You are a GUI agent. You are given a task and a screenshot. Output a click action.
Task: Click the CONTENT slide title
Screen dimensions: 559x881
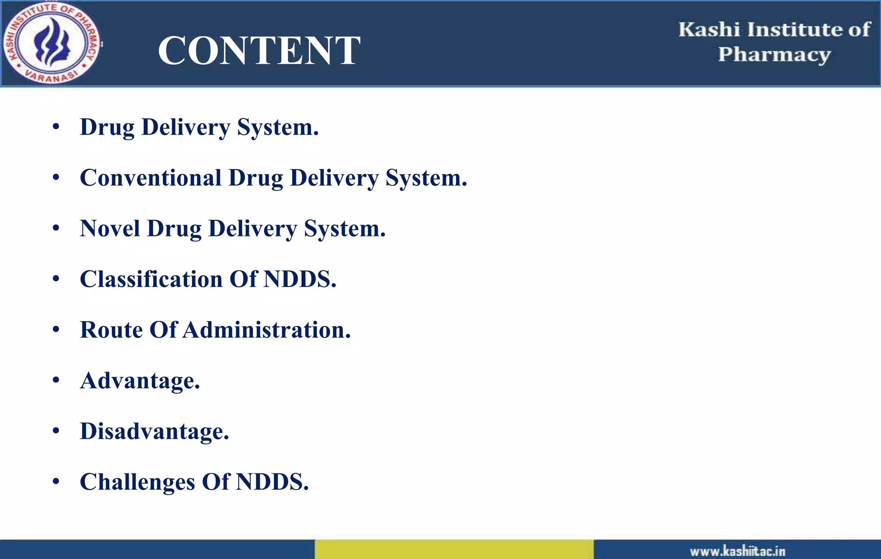(259, 50)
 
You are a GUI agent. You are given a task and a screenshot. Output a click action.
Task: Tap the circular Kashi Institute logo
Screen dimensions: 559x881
(51, 43)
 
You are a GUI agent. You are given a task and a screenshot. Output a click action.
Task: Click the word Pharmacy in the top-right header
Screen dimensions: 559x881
(774, 55)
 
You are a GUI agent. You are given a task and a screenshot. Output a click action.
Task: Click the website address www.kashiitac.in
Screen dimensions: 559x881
(738, 551)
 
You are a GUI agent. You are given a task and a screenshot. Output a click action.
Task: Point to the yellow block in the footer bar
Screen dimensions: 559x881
(454, 549)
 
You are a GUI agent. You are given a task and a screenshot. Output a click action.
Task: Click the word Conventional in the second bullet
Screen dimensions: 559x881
(151, 178)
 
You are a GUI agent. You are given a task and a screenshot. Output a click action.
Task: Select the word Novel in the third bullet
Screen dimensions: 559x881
(110, 228)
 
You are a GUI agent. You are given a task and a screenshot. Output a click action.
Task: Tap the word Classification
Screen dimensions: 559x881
(151, 279)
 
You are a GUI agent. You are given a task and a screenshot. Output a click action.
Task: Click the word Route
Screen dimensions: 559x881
(111, 330)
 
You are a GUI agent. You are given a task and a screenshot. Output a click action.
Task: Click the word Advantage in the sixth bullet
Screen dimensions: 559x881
(140, 381)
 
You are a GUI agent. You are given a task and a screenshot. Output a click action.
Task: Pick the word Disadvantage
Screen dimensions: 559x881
(154, 431)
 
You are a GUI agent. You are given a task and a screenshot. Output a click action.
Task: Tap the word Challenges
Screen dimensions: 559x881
(137, 482)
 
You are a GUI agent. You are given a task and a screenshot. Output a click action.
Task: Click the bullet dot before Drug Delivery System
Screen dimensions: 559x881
(56, 127)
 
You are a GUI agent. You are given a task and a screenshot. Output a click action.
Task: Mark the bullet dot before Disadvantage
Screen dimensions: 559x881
(56, 431)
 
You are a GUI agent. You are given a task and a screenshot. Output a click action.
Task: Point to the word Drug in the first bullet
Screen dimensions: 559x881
(107, 127)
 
